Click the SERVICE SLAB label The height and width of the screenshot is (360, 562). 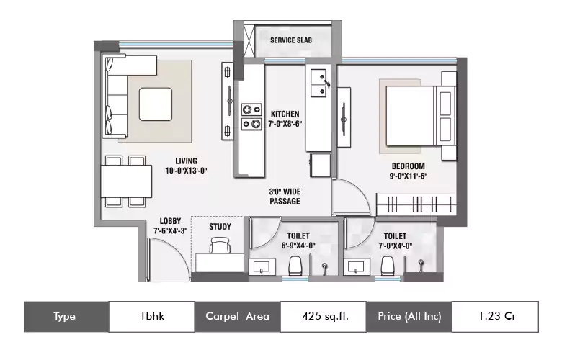(x=290, y=40)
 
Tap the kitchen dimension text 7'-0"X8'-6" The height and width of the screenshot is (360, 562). (x=285, y=124)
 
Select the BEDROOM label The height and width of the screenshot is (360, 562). (x=409, y=166)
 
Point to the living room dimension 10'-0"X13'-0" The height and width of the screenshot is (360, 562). (x=186, y=171)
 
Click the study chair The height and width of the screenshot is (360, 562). (x=220, y=246)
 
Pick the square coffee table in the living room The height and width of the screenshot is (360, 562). (x=156, y=104)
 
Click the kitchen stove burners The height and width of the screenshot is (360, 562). (x=251, y=117)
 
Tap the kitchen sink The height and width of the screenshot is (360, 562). (x=318, y=83)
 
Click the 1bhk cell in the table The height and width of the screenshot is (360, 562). (x=152, y=316)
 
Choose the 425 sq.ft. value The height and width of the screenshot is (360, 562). (x=325, y=316)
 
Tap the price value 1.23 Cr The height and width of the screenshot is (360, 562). (x=497, y=316)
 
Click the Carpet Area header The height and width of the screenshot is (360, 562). (x=237, y=316)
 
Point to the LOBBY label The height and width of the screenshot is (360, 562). (x=170, y=221)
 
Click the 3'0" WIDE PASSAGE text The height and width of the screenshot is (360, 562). (x=285, y=197)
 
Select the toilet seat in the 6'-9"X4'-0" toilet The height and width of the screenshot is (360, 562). (x=295, y=266)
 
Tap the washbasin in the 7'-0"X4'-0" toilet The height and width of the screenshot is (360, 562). (x=356, y=267)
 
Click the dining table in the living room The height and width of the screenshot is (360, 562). (x=126, y=181)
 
